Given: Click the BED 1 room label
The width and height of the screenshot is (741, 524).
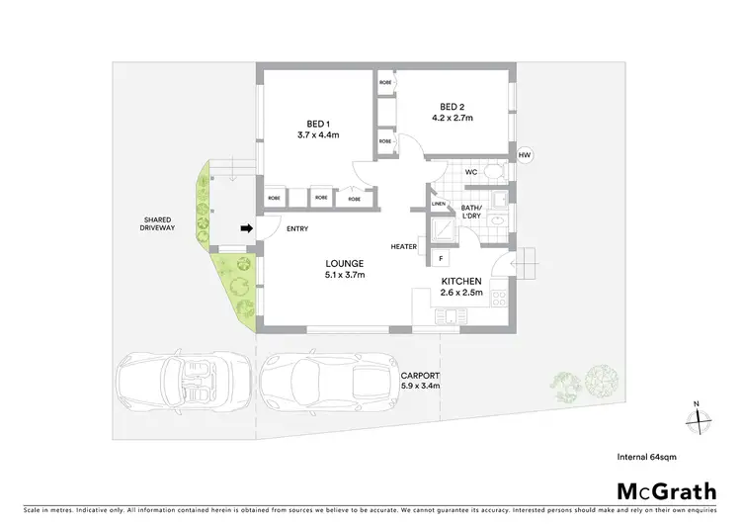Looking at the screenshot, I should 316,124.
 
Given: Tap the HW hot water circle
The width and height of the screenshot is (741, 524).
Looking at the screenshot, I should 525,155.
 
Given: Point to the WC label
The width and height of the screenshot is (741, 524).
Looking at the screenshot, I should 471,172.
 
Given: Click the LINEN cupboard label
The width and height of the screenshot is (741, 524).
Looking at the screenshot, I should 439,205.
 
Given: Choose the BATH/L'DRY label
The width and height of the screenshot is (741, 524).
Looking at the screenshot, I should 472,214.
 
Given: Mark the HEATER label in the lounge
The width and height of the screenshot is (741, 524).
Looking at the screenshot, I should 403,247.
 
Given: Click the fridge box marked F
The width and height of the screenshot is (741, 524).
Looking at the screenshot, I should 441,258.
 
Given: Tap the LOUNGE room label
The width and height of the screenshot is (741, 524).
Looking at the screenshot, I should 346,263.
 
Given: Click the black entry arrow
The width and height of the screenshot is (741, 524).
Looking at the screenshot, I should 246,228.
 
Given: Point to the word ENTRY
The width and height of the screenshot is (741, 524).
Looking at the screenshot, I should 297,229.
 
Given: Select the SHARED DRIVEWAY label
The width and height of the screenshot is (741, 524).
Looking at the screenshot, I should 157,223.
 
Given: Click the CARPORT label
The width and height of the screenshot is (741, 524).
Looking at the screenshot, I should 420,376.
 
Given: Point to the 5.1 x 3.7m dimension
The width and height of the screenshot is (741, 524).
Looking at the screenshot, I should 346,275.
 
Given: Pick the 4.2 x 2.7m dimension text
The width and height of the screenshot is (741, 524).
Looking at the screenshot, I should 453,119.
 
